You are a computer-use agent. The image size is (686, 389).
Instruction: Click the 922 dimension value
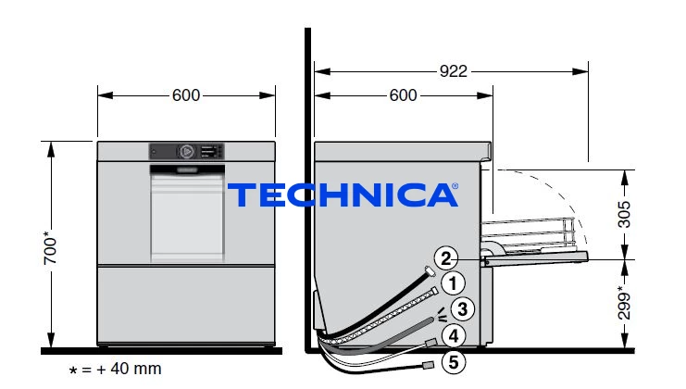[454, 71]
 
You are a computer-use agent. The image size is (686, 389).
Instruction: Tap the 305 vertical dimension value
[624, 214]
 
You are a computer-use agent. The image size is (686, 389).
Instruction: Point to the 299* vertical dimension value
[624, 302]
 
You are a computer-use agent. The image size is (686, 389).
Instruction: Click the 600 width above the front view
[186, 95]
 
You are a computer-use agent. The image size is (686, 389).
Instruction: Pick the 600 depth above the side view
[403, 95]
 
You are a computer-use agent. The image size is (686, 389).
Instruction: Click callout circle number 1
[453, 283]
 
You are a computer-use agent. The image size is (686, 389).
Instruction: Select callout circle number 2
[446, 258]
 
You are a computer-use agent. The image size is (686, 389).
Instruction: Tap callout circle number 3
[463, 309]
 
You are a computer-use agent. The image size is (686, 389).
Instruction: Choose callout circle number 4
[454, 335]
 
